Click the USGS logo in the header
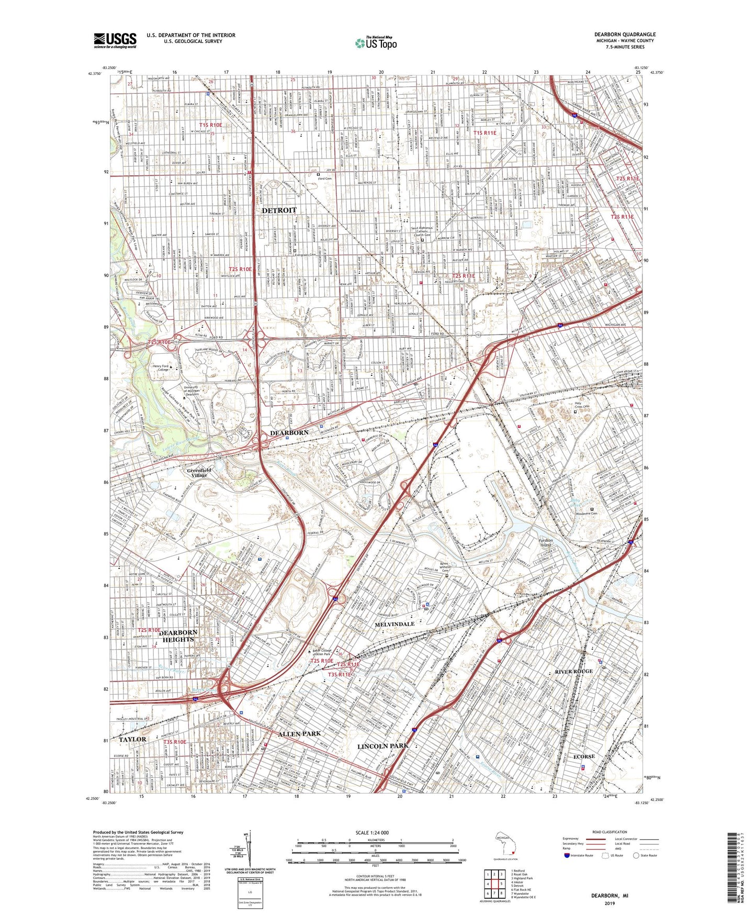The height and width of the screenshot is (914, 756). (x=115, y=40)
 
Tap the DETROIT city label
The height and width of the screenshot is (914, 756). (x=279, y=210)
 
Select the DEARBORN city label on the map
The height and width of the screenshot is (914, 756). (x=289, y=433)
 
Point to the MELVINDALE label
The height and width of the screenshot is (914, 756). (x=394, y=624)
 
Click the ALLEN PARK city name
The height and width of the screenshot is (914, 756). (x=300, y=734)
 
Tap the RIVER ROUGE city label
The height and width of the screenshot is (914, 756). (x=574, y=671)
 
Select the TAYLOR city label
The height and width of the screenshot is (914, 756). (x=132, y=739)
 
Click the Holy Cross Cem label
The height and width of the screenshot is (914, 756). (x=582, y=407)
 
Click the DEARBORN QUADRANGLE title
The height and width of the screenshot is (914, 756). (x=625, y=35)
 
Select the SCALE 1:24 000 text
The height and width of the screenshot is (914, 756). (x=374, y=833)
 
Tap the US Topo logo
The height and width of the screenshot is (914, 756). (x=376, y=43)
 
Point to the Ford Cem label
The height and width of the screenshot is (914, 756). (x=325, y=179)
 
